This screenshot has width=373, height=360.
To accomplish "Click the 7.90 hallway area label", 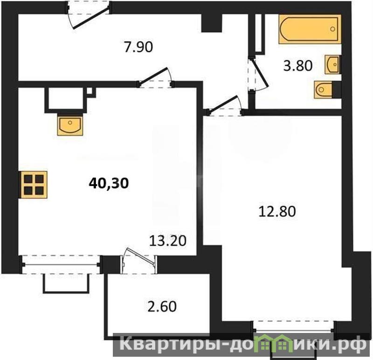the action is pyautogui.click(x=138, y=47).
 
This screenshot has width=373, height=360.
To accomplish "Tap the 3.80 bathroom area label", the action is pyautogui.click(x=298, y=66).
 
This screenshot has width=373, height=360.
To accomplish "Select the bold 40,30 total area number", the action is pyautogui.click(x=109, y=183).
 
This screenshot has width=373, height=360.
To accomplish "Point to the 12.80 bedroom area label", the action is pyautogui.click(x=277, y=212).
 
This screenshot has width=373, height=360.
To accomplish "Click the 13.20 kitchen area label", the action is pyautogui.click(x=168, y=241).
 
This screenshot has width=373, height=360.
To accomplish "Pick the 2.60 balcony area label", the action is pyautogui.click(x=162, y=306).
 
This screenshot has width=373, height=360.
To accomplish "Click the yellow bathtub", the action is pyautogui.click(x=310, y=29).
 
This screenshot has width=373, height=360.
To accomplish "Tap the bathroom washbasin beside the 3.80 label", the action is pyautogui.click(x=332, y=64).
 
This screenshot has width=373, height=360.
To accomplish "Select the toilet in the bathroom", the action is pyautogui.click(x=325, y=90).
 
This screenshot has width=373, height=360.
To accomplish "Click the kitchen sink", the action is pyautogui.click(x=70, y=126).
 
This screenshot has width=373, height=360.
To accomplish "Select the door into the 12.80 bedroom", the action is pyautogui.click(x=225, y=105).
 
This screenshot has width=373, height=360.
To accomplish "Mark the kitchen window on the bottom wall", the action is pyautogui.click(x=61, y=264).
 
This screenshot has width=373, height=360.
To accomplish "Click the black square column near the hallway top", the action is pyautogui.click(x=212, y=23).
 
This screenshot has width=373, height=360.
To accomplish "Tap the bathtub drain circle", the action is pyautogui.click(x=333, y=29).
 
